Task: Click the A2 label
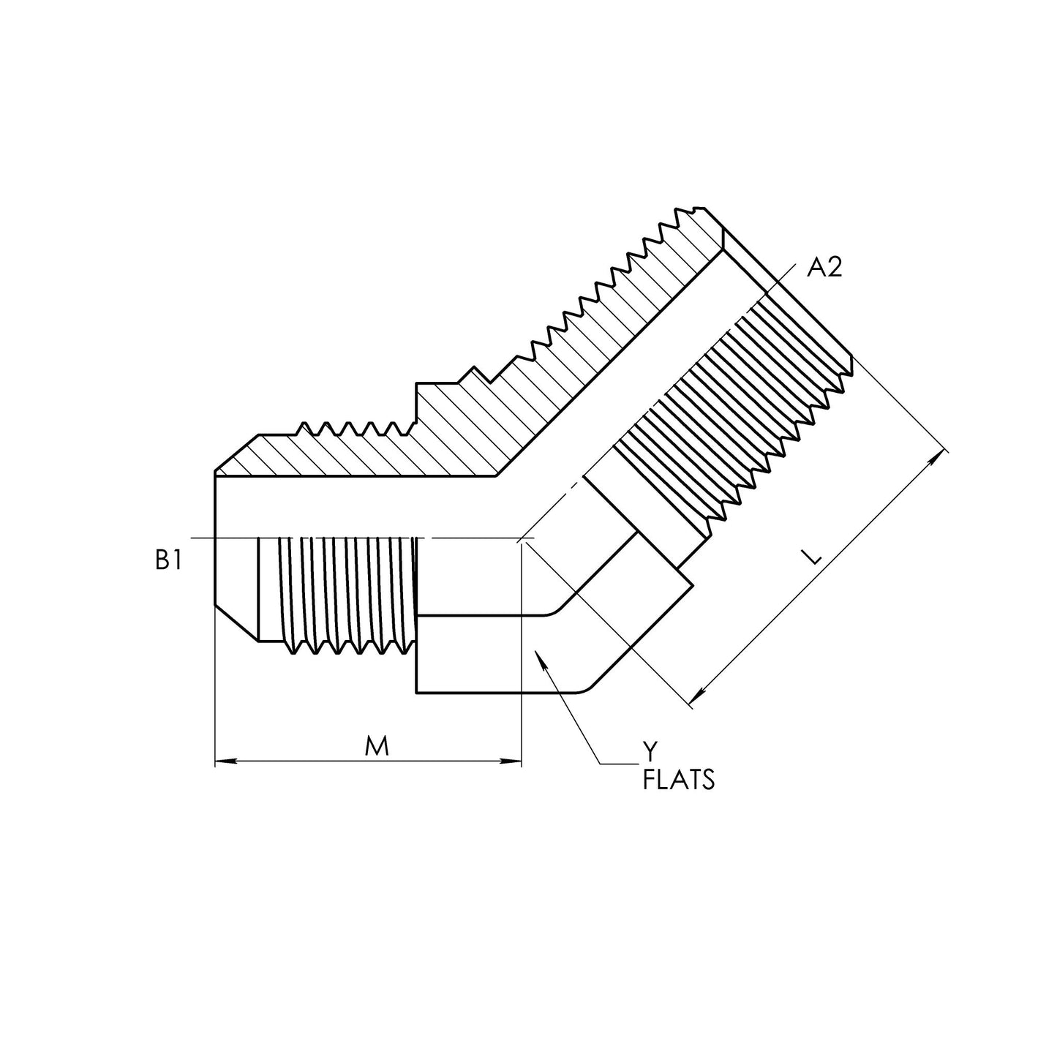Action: pos(824,268)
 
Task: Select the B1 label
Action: pos(168,560)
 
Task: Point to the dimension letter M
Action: pos(376,746)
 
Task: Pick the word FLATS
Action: pos(678,780)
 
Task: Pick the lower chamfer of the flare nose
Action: pos(236,622)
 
